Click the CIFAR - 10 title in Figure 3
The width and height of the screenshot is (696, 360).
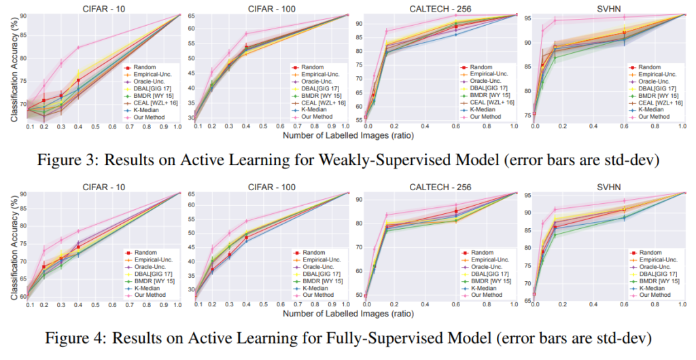pyautogui.click(x=104, y=8)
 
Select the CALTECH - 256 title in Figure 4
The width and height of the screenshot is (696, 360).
pyautogui.click(x=440, y=187)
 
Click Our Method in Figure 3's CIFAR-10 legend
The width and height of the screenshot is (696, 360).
pyautogui.click(x=149, y=117)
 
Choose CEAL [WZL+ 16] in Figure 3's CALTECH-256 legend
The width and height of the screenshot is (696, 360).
pyautogui.click(x=492, y=103)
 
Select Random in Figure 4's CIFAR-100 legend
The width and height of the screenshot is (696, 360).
pyautogui.click(x=314, y=253)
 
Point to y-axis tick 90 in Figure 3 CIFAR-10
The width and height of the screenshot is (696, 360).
pyautogui.click(x=23, y=16)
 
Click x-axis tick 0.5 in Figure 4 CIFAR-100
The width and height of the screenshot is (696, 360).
pyautogui.click(x=263, y=306)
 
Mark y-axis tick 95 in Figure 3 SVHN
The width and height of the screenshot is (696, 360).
pyautogui.click(x=528, y=18)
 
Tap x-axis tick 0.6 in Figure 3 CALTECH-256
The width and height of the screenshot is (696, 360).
pyautogui.click(x=455, y=127)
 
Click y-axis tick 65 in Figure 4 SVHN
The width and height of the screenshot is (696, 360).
pyautogui.click(x=528, y=301)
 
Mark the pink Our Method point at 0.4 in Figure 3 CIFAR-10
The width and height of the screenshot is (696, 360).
pyautogui.click(x=79, y=48)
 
